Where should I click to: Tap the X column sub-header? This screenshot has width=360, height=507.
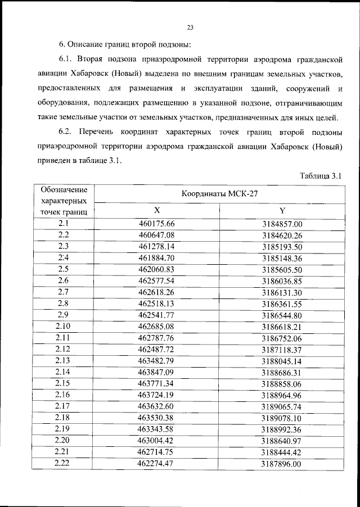(x=157, y=211)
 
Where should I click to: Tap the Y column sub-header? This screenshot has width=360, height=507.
(x=282, y=211)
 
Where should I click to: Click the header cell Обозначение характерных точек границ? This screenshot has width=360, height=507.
(x=64, y=201)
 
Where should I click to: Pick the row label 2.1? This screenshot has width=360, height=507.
(x=63, y=223)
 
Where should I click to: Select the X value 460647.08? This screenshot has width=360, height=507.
(x=157, y=234)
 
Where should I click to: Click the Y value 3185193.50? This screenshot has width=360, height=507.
(x=282, y=246)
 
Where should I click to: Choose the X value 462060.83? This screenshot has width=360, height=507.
(x=157, y=269)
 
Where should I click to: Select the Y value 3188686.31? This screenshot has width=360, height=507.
(x=282, y=371)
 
